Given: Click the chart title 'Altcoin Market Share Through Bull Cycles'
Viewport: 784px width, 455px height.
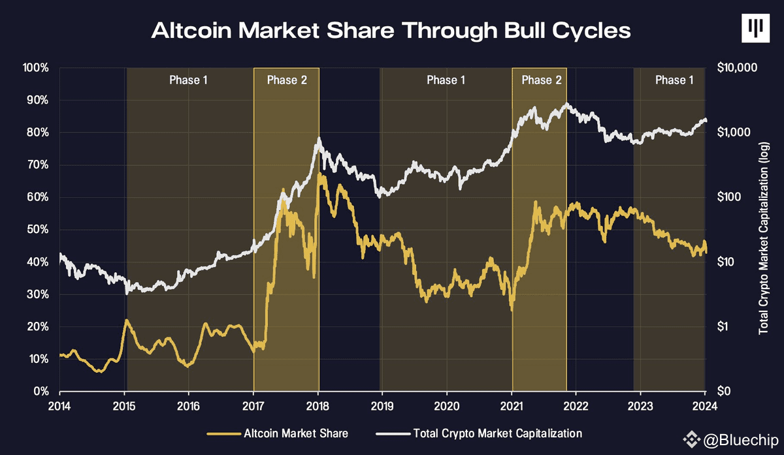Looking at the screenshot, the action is click(x=391, y=31).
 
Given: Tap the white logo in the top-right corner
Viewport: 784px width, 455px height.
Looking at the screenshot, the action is click(x=755, y=28).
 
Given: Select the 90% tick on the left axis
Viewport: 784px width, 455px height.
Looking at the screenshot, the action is click(x=37, y=101).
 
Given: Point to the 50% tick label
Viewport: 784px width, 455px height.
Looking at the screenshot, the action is click(x=37, y=230).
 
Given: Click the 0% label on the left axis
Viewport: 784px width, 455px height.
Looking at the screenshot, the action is click(x=41, y=391).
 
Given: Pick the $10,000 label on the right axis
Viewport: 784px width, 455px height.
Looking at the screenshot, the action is click(x=737, y=67).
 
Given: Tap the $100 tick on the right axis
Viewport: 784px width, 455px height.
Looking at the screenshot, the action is click(x=729, y=197).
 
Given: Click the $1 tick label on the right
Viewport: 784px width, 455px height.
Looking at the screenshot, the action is click(x=724, y=326).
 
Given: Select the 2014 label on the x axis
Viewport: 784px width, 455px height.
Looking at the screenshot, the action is click(x=59, y=407).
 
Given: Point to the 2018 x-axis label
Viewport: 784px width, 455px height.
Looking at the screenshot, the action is click(x=318, y=407).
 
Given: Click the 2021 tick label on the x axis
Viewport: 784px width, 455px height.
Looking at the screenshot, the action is click(x=512, y=407).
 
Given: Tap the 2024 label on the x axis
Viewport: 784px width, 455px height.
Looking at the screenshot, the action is click(x=705, y=407).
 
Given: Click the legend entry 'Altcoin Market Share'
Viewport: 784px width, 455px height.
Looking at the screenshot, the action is click(x=278, y=433).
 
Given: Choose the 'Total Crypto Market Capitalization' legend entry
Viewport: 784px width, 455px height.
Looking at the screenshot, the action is click(x=479, y=433).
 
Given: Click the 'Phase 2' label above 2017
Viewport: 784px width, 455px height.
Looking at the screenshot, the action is click(x=287, y=80).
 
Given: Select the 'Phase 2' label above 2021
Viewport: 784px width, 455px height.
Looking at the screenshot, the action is click(x=542, y=80).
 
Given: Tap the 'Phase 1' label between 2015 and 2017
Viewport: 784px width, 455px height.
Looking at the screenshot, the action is click(x=188, y=80).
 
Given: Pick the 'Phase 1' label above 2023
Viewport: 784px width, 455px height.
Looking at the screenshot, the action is click(x=674, y=80).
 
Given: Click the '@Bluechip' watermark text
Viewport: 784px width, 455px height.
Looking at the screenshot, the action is click(x=741, y=440).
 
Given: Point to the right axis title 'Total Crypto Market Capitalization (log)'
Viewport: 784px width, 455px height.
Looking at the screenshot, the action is click(x=763, y=238).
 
